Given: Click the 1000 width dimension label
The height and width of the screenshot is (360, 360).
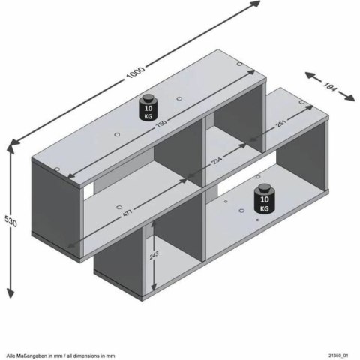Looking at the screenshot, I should [135, 73].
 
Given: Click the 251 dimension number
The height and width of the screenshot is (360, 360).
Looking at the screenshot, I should [280, 127].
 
